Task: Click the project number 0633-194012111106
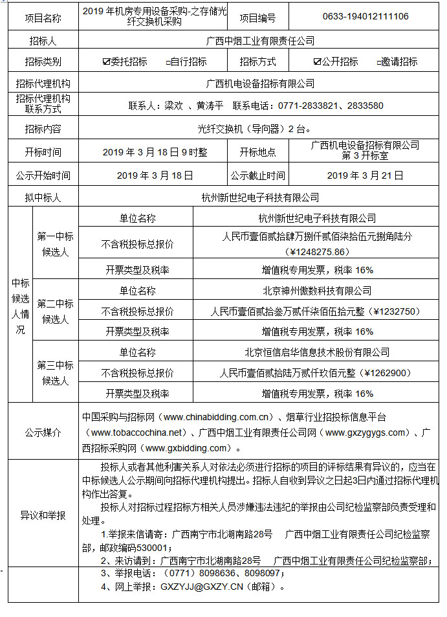(365, 16)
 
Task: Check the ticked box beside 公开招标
(317, 62)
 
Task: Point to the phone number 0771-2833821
(309, 106)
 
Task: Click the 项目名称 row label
(43, 18)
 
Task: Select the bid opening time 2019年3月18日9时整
(155, 152)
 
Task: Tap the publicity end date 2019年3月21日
(365, 175)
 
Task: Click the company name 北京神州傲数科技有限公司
(317, 291)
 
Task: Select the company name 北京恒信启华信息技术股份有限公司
(317, 352)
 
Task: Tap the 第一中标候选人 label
(55, 245)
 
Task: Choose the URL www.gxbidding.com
(188, 447)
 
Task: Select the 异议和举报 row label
(43, 515)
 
